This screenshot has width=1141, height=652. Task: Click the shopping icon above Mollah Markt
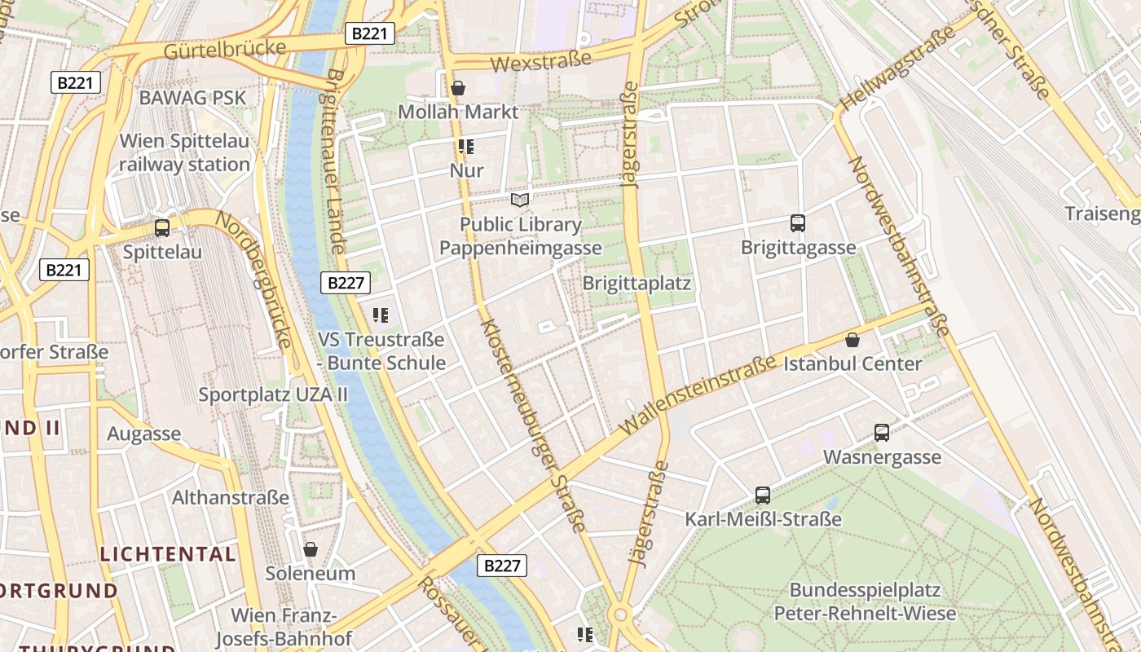point(458,87)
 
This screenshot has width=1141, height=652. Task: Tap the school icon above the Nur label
point(466,147)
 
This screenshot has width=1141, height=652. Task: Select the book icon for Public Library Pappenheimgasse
point(520,200)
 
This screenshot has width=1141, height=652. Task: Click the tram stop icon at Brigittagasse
point(798,222)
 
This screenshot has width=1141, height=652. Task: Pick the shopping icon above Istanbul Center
point(852,340)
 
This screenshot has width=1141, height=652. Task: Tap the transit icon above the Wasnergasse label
point(882,433)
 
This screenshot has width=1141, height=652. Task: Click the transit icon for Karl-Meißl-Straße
point(763,495)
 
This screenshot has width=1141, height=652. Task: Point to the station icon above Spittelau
point(162,228)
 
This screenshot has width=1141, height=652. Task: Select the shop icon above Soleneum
point(311,549)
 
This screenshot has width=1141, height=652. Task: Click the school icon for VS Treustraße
point(381,315)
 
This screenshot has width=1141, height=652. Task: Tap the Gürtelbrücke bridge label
point(225,50)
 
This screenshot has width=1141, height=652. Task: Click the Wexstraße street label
point(540,60)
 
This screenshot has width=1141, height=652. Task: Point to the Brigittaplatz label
point(637,284)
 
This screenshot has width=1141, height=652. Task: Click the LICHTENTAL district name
point(168,554)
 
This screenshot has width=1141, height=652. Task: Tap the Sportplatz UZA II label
point(273,394)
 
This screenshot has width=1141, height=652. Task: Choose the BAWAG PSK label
point(192,98)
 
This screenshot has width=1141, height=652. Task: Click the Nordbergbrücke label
point(253,278)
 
